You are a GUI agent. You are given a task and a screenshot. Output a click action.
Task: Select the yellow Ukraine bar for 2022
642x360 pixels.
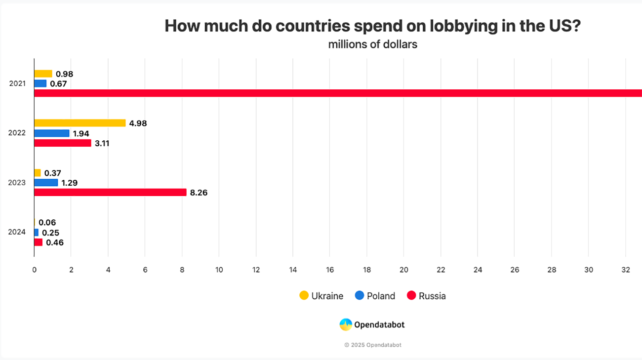click(x=80, y=123)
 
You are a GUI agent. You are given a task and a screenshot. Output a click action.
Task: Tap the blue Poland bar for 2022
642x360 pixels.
click(x=52, y=133)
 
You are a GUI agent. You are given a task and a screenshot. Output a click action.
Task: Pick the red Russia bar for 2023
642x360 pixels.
click(x=110, y=193)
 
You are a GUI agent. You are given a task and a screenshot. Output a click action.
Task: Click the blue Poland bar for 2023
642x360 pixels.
click(x=46, y=183)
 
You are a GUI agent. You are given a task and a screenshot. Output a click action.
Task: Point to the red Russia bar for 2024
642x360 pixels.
click(x=38, y=242)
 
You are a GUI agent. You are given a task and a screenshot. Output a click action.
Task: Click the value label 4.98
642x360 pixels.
click(x=138, y=123)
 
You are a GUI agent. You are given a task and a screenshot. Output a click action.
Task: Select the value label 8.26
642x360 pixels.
click(x=199, y=193)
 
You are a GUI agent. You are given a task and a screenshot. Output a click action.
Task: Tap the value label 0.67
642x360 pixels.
click(x=58, y=84)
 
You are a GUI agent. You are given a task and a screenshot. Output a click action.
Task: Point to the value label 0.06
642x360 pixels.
click(x=47, y=223)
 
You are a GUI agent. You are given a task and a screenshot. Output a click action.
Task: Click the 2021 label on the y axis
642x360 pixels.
click(x=17, y=83)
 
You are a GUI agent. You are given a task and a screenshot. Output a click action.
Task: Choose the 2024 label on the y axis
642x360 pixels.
click(x=17, y=232)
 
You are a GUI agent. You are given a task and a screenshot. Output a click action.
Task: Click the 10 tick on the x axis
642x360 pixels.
click(x=219, y=270)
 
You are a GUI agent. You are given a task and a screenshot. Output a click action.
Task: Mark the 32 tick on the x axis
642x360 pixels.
click(x=625, y=270)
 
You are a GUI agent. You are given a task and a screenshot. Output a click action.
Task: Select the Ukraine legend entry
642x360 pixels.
click(x=321, y=296)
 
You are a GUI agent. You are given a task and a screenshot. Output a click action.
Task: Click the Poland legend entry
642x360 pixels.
click(x=375, y=296)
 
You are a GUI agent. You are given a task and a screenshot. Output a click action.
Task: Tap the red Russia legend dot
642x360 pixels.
click(x=411, y=296)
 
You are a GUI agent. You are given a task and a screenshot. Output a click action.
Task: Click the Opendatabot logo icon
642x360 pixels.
click(x=346, y=324)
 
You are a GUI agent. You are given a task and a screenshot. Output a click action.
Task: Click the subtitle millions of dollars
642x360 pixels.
click(x=372, y=44)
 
